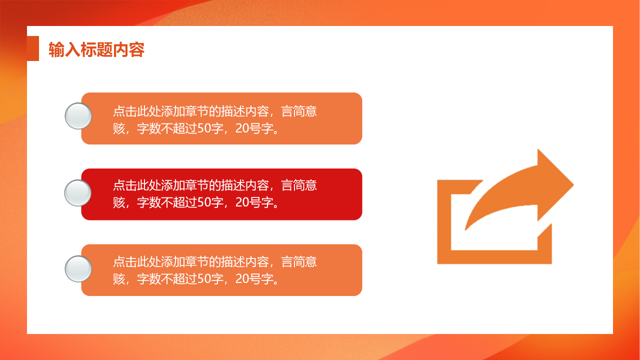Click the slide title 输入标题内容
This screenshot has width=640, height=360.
(x=96, y=50)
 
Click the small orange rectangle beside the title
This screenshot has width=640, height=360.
(x=33, y=48)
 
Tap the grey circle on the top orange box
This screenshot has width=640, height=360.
(x=78, y=116)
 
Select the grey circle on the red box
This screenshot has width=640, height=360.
(x=78, y=193)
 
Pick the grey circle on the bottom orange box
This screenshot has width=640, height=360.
(x=78, y=269)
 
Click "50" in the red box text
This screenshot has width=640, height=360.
(x=204, y=202)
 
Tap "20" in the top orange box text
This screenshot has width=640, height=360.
(x=242, y=128)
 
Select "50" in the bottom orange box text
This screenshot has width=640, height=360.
(x=204, y=278)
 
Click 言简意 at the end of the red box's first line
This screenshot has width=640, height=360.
(x=299, y=185)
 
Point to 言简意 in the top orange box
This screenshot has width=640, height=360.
(x=299, y=111)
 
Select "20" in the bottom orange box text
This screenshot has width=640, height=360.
(x=242, y=278)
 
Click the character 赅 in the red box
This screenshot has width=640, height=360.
(x=119, y=202)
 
